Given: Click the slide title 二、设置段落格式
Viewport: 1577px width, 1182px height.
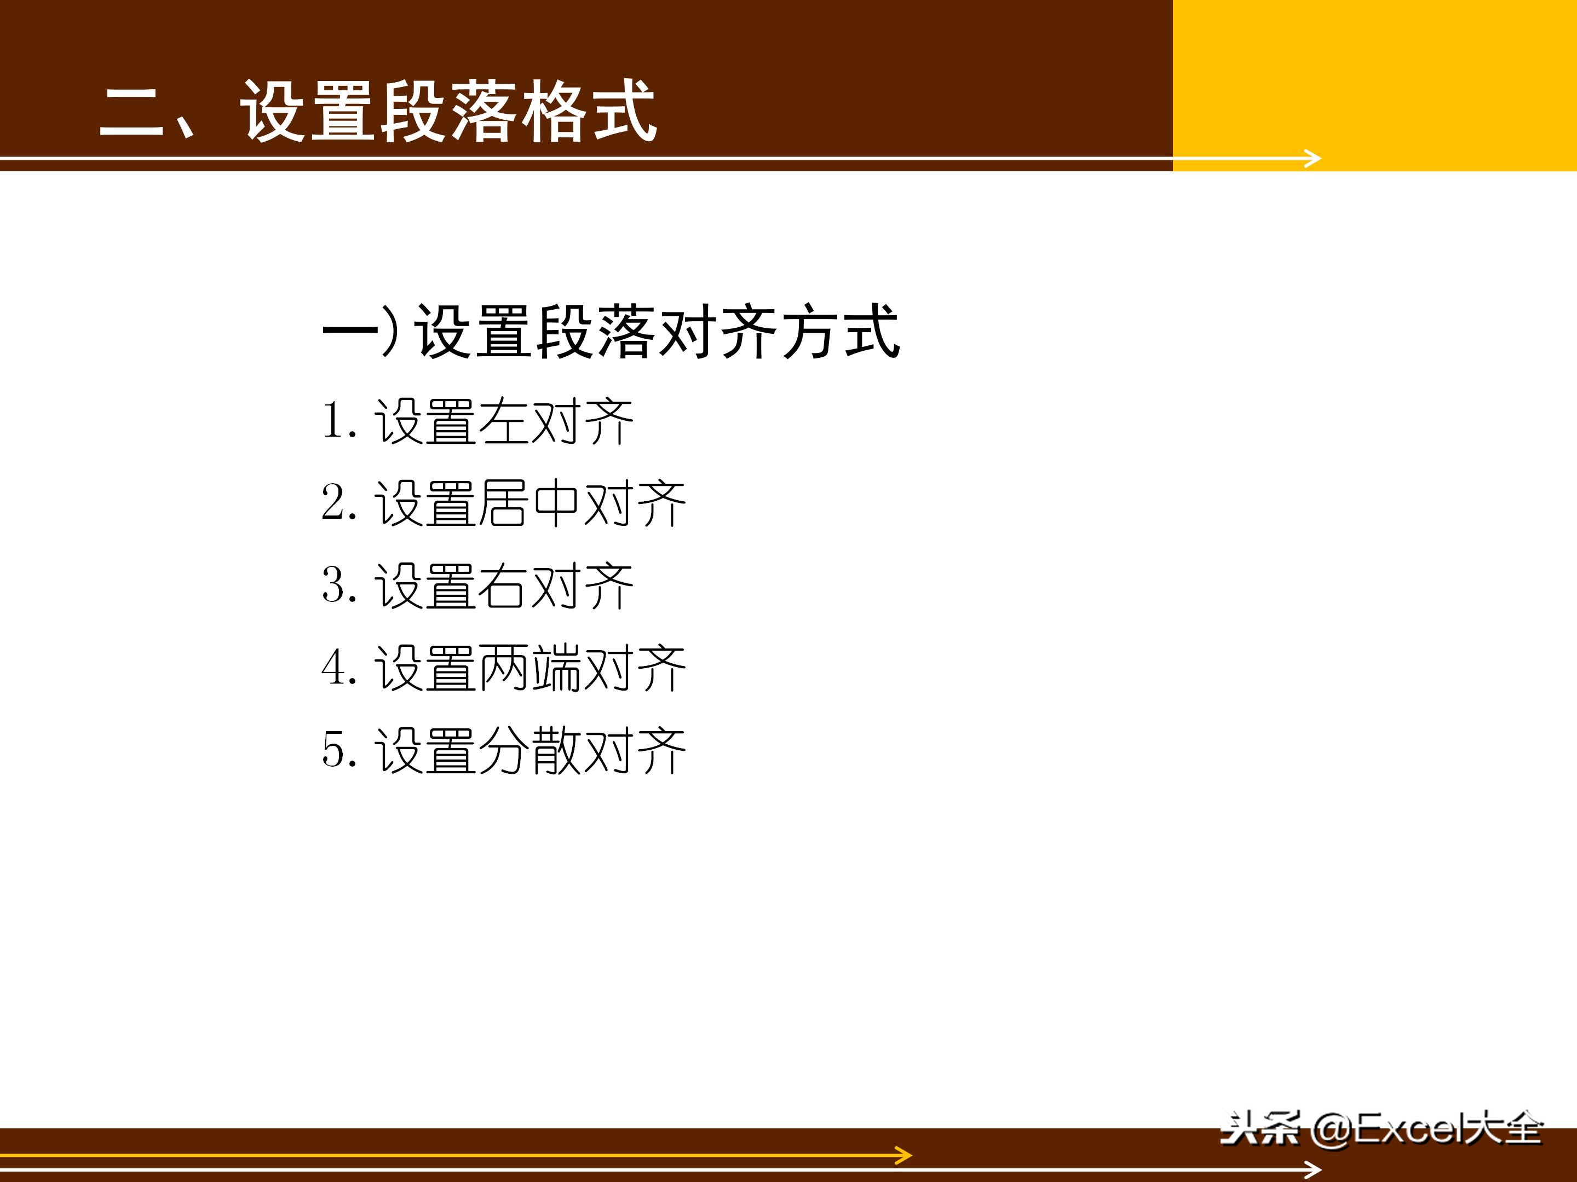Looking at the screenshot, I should point(378,111).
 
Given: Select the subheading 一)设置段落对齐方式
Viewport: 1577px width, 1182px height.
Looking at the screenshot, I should point(611,331).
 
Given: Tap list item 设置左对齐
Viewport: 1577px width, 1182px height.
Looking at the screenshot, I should point(503,422).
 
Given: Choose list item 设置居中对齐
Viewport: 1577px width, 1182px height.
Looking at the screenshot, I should point(529,504).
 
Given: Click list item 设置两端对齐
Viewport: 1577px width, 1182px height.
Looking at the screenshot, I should point(529,668).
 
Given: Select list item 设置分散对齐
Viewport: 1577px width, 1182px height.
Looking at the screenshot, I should point(529,750).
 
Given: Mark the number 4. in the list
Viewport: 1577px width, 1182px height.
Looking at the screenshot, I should point(338,668).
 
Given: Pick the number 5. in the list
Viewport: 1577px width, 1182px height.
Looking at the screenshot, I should point(338,750).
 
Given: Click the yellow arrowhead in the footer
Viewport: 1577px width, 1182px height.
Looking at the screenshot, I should point(904,1155).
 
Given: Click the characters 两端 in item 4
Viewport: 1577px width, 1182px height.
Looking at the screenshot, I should point(529,668).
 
